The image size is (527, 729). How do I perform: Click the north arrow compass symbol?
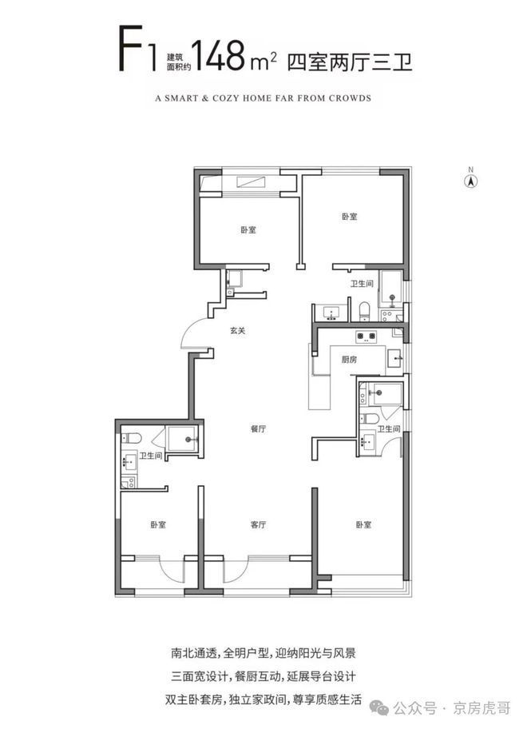click(x=471, y=181)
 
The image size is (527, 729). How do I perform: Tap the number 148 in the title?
click(x=218, y=55)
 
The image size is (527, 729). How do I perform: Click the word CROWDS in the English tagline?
click(x=350, y=98)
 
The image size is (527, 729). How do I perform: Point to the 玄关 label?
click(x=237, y=331)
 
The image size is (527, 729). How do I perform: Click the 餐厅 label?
click(x=258, y=428)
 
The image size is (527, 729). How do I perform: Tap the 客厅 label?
click(x=258, y=524)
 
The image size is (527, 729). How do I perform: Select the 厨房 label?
click(x=349, y=360)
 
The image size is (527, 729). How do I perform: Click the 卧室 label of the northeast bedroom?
click(x=349, y=217)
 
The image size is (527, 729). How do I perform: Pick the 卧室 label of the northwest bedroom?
click(x=248, y=229)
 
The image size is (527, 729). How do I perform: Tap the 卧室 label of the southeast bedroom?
click(x=363, y=524)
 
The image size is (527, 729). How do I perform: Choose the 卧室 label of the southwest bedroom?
click(x=158, y=524)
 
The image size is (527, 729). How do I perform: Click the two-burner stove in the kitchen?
click(x=366, y=337)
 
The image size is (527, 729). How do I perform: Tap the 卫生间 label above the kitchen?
click(x=362, y=284)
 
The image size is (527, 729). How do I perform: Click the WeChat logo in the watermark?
click(x=381, y=708)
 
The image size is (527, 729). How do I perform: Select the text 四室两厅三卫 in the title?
click(x=350, y=62)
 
